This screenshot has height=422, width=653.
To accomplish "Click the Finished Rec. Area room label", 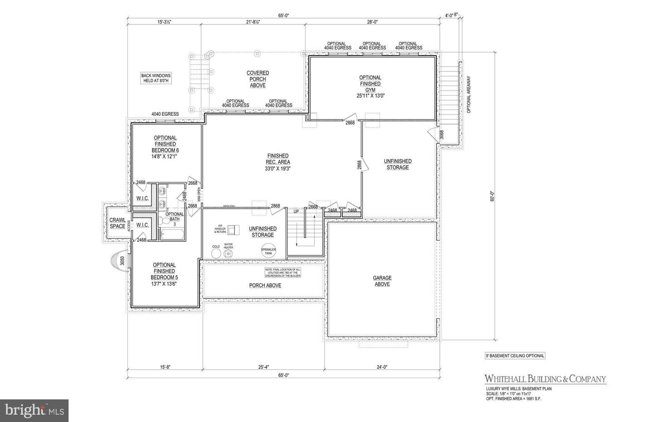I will click(x=278, y=162).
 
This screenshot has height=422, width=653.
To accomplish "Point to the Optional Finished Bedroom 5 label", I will click(x=164, y=274).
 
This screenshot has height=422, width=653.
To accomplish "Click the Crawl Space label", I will click(x=117, y=223).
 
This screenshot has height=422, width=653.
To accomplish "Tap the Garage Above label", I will click(x=382, y=281).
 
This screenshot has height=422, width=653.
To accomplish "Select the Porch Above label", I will click(x=265, y=285).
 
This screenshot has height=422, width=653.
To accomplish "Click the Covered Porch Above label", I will click(x=258, y=79).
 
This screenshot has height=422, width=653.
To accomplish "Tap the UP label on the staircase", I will click(x=296, y=211).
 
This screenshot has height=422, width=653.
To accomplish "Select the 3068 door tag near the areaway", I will click(x=441, y=134).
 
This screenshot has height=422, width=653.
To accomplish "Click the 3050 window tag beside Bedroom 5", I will click(x=122, y=261).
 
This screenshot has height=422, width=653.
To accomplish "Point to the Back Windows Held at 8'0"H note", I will click(x=155, y=78).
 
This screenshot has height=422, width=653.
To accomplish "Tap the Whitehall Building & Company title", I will click(x=545, y=379).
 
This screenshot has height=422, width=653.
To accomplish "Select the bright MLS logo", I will click(x=34, y=411).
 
